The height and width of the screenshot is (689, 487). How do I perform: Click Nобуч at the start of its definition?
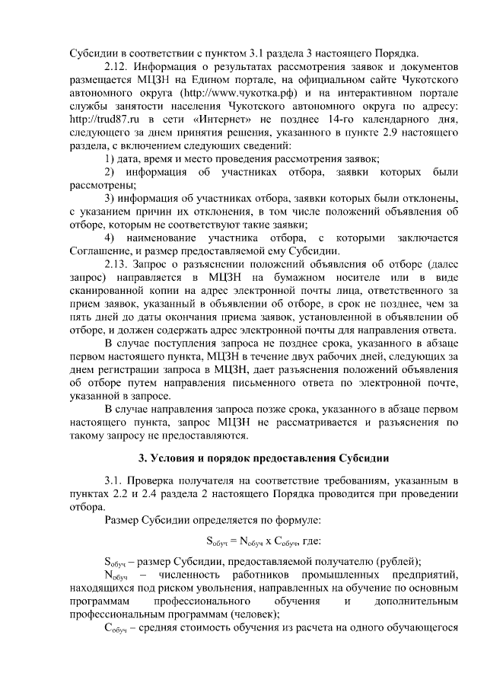115,576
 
